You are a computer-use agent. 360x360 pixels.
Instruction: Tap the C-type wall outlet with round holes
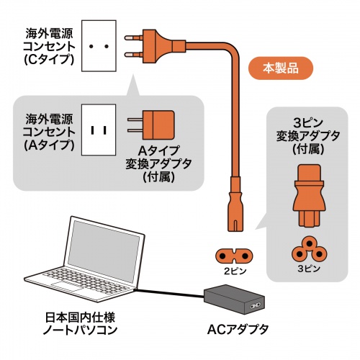100,45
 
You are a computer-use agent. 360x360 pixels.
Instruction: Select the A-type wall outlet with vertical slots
100,130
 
